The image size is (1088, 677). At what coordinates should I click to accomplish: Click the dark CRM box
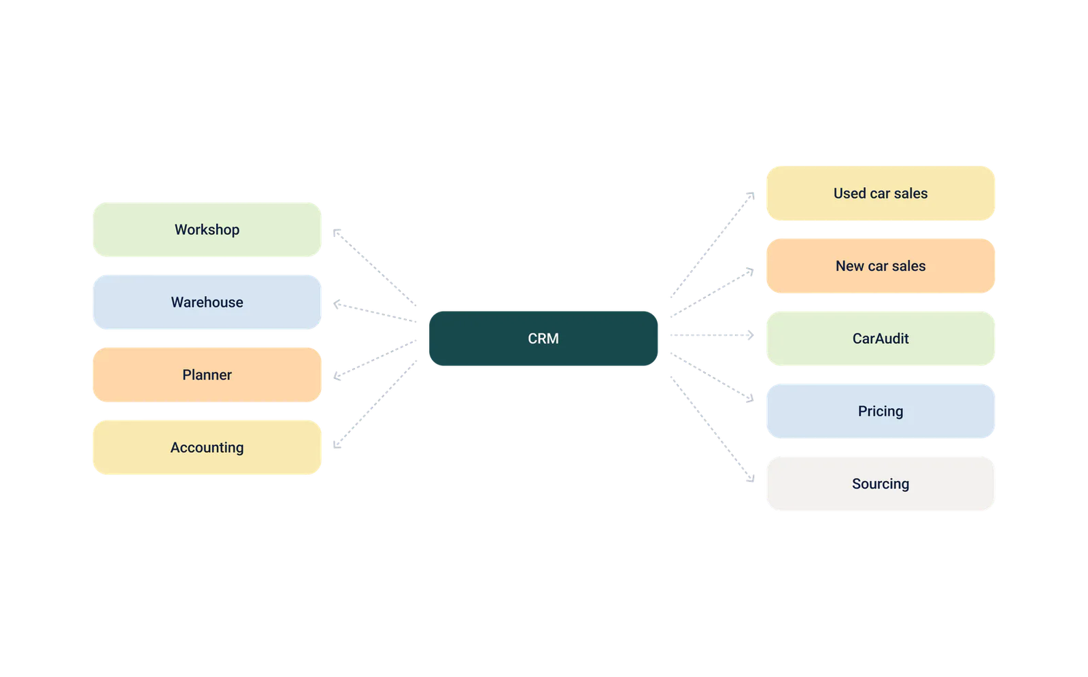click(x=543, y=338)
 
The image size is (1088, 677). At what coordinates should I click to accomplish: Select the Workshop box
click(x=207, y=229)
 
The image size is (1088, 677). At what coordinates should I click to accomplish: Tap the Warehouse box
click(x=207, y=302)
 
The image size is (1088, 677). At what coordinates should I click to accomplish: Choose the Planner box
click(x=207, y=375)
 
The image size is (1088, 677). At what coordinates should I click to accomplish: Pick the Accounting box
click(x=207, y=447)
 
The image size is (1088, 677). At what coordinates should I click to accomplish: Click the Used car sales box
click(x=881, y=193)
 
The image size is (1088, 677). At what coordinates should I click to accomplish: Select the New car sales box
click(x=881, y=266)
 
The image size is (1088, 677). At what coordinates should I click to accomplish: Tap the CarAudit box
click(x=881, y=338)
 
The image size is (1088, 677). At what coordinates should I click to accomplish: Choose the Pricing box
click(x=881, y=411)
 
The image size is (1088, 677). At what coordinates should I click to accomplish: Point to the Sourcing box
click(x=881, y=484)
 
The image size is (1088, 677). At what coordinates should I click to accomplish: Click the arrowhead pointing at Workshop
click(x=336, y=232)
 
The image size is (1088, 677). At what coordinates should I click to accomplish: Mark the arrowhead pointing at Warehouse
click(x=336, y=304)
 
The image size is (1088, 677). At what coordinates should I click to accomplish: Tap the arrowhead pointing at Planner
click(x=336, y=376)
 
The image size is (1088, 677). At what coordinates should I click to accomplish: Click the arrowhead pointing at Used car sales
click(x=751, y=195)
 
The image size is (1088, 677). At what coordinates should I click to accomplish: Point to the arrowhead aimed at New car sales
click(x=751, y=271)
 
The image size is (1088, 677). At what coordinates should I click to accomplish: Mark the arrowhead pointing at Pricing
click(x=751, y=399)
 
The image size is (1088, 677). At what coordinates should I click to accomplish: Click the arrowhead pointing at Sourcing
click(x=751, y=479)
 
